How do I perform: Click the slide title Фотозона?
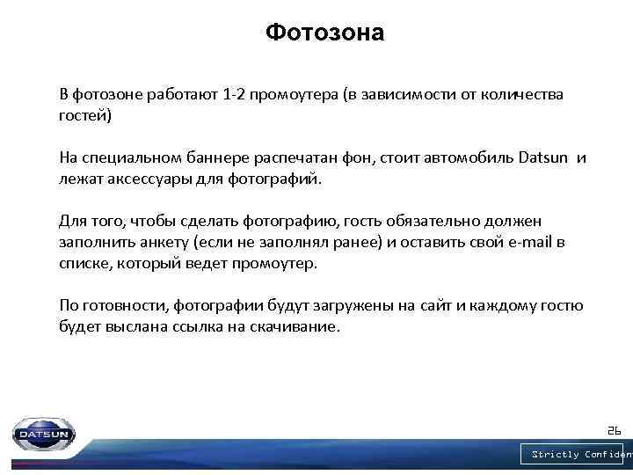324,33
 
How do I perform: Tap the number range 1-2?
233,95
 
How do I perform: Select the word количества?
520,95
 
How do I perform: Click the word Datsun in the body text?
544,158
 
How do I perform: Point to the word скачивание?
299,327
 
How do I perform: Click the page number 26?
614,430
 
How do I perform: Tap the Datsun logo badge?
44,434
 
